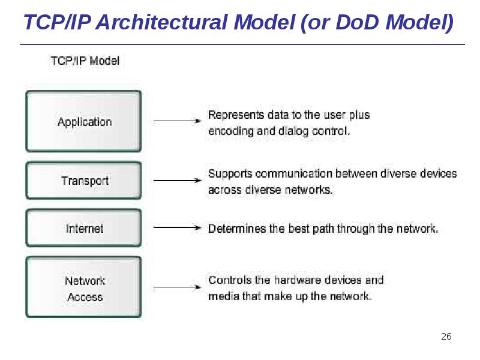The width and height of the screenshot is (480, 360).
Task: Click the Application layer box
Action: click(83, 121)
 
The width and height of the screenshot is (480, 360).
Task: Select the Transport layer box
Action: click(83, 180)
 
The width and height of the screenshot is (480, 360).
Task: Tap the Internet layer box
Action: click(83, 228)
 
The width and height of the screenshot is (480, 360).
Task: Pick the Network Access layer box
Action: click(83, 288)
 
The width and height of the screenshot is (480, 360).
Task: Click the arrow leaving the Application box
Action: click(177, 121)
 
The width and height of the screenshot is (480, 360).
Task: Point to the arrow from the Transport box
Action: click(177, 180)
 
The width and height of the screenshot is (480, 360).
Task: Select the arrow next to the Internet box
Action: click(177, 228)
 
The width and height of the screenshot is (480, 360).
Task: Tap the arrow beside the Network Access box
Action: click(177, 288)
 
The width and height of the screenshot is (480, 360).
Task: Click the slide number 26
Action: click(446, 336)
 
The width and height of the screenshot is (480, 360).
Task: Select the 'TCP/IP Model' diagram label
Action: click(85, 61)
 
